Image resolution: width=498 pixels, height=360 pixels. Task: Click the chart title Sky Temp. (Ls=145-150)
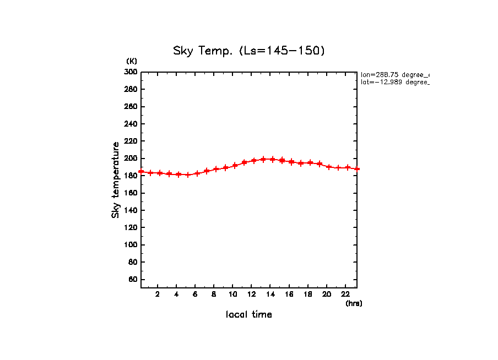[249, 51]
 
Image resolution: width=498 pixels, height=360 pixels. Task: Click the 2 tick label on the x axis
[158, 294]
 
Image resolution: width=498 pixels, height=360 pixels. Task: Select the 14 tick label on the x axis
[270, 294]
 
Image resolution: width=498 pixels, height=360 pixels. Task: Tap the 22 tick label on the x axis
[345, 294]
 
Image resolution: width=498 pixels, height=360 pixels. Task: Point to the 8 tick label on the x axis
[214, 294]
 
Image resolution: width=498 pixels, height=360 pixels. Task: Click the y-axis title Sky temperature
[116, 180]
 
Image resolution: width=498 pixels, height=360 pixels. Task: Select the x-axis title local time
[249, 315]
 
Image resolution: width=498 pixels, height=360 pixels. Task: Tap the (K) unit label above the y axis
[132, 61]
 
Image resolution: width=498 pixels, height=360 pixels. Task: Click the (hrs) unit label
[354, 303]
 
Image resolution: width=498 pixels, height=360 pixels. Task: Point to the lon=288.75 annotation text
[394, 74]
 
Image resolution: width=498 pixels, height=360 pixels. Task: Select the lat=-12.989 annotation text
[394, 82]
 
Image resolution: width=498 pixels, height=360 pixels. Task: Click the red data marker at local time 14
[272, 159]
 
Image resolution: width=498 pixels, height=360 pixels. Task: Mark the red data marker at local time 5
[188, 175]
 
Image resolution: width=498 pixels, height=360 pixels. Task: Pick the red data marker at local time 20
[329, 166]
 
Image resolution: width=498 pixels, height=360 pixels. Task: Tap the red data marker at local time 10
[235, 165]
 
